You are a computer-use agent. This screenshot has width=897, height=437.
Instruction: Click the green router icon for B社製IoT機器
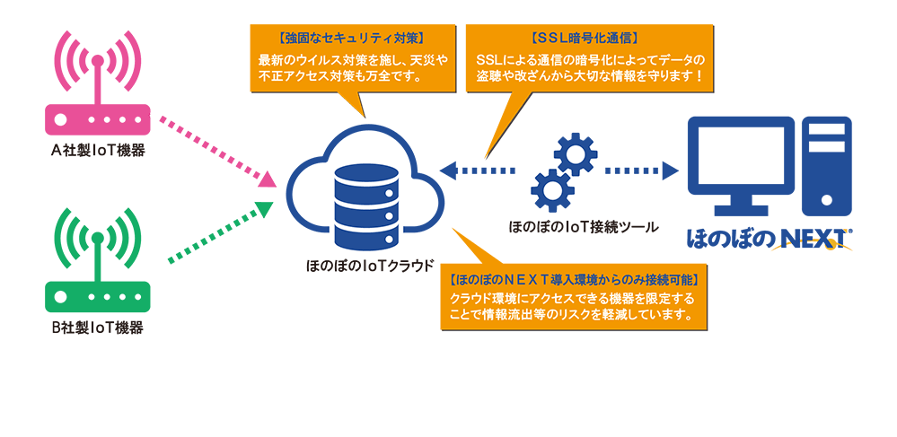click(98, 291)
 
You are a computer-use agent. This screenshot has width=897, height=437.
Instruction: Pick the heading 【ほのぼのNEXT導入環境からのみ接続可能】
click(575, 280)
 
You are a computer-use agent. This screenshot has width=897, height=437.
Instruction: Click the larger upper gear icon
click(575, 155)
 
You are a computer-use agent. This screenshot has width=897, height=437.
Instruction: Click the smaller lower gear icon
click(548, 189)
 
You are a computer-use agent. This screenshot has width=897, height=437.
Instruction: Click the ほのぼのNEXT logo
click(769, 239)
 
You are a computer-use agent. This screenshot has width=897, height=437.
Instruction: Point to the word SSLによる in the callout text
click(508, 59)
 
